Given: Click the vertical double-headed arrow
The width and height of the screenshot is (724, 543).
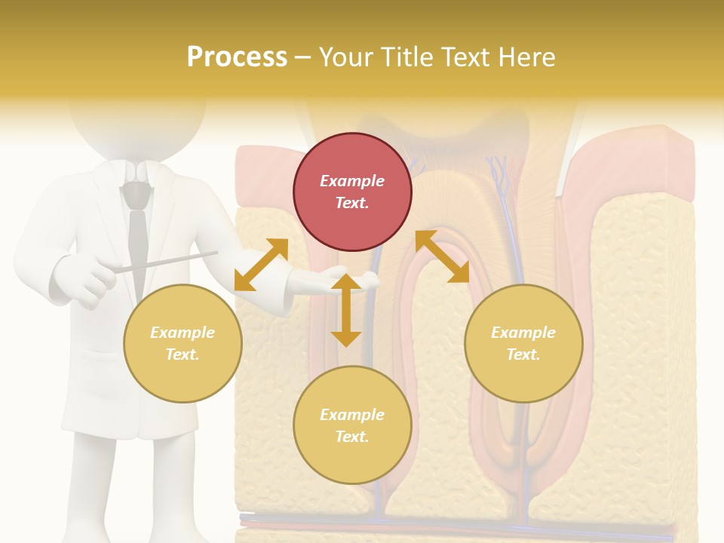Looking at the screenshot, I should point(346,310).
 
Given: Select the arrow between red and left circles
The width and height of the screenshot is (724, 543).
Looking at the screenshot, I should point(261,265).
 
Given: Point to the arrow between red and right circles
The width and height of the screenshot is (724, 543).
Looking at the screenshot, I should point(442,256).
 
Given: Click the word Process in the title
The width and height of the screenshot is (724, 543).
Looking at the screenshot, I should point(237,57).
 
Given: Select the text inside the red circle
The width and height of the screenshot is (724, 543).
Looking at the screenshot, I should point(352,192).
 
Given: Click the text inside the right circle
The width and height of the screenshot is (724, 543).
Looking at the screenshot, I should point(523,343).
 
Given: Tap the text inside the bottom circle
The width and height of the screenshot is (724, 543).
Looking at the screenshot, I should point(352,425).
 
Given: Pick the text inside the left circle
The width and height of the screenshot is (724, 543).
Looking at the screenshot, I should point(183,343).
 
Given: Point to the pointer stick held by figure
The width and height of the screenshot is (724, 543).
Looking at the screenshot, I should point(166,261).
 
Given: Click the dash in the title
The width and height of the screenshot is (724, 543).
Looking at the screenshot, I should point(303,57).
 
